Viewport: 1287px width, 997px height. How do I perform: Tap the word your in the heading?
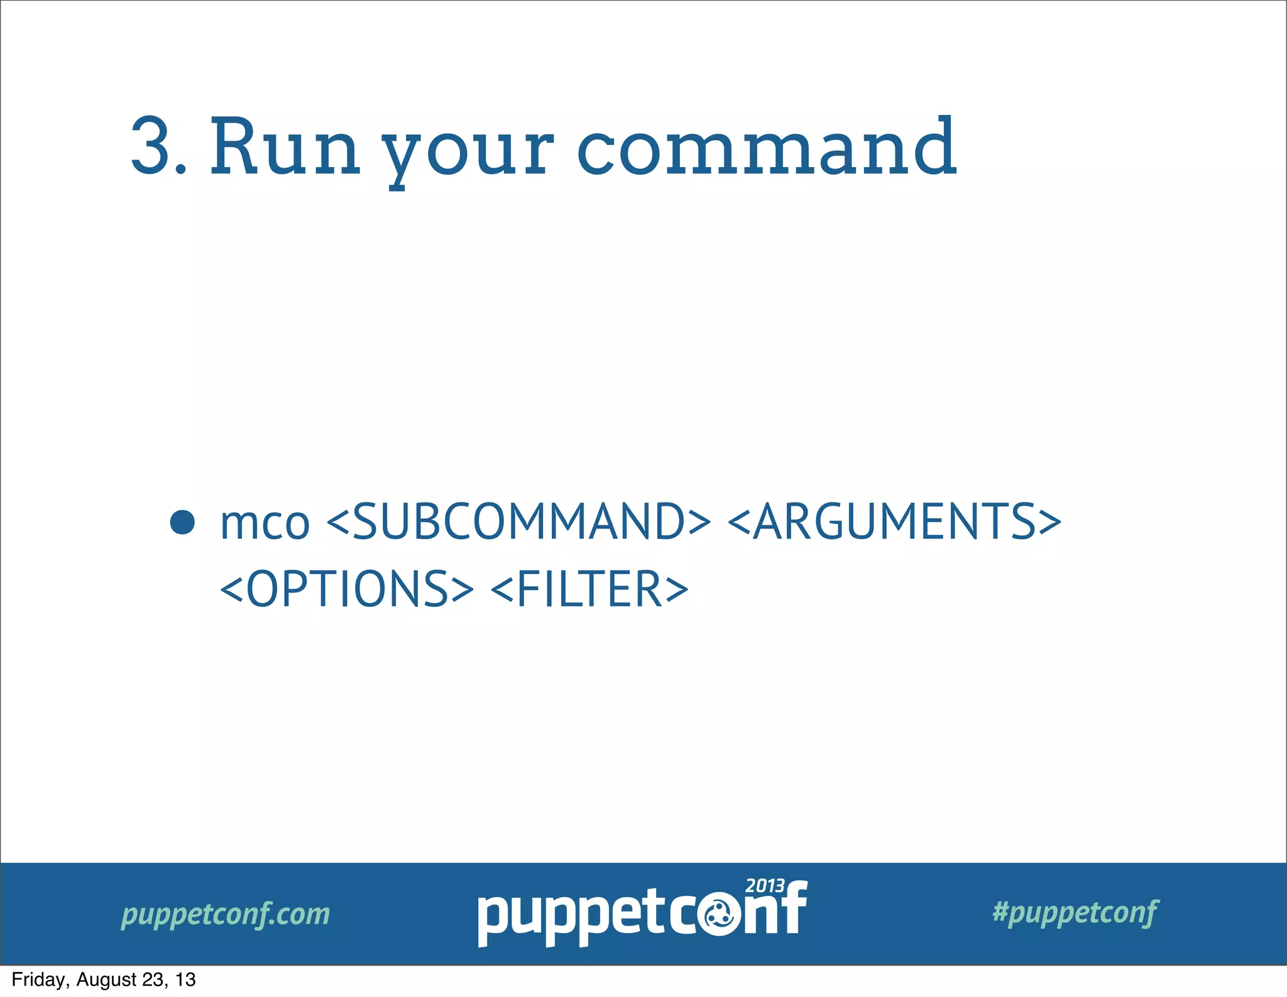(x=468, y=151)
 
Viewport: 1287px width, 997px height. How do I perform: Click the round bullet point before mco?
(x=182, y=522)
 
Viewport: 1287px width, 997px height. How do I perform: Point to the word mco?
(x=265, y=523)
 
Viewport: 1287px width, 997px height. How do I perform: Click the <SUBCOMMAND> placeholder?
(x=518, y=521)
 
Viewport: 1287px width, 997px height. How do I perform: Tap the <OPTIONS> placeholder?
(x=346, y=589)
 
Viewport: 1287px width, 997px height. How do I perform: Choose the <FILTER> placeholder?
(x=589, y=589)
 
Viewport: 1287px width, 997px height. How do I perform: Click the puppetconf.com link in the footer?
(x=226, y=914)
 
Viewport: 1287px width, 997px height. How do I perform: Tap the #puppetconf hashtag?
(x=1075, y=912)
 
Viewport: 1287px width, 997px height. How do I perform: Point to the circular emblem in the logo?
(x=719, y=916)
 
